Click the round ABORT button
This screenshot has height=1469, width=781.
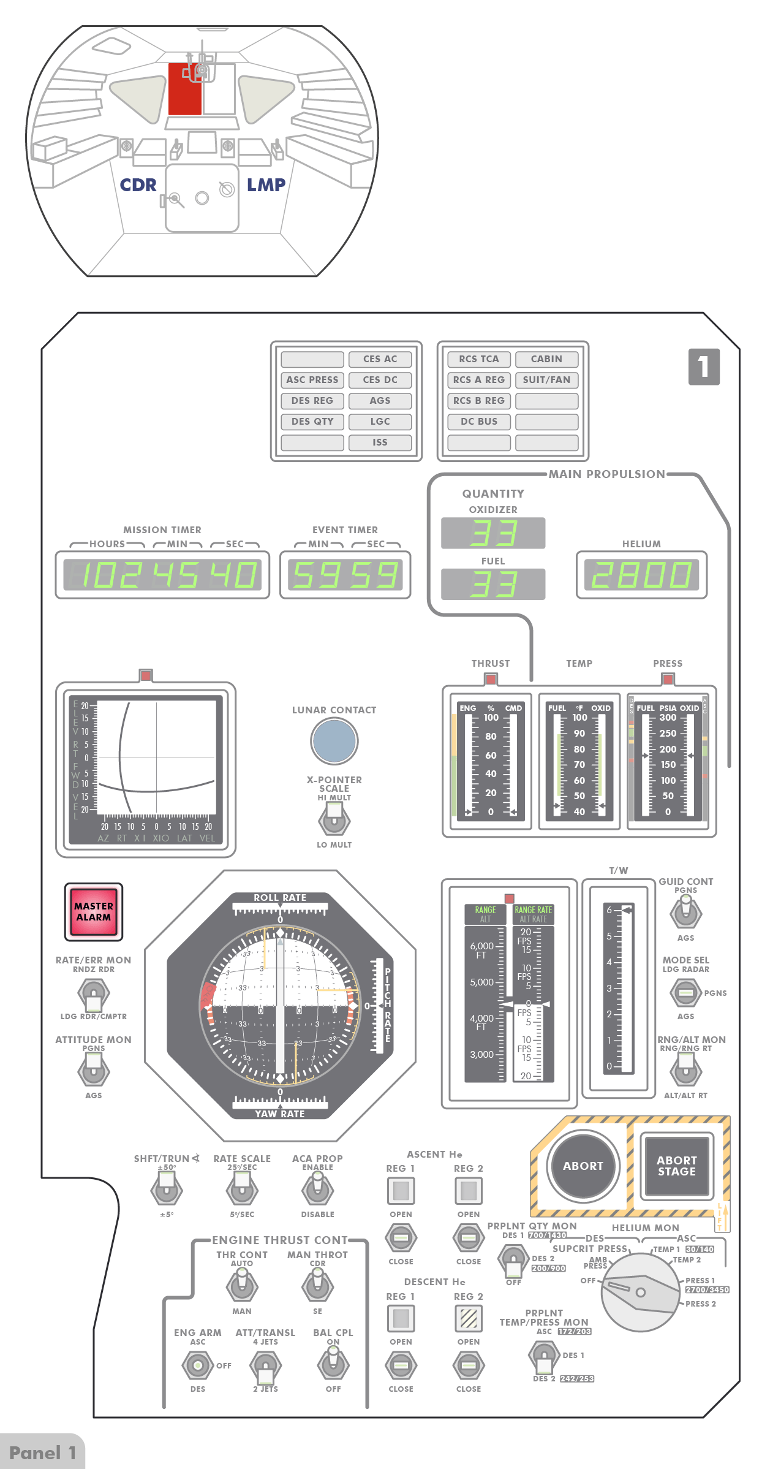(583, 1166)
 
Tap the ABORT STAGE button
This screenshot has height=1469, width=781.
(676, 1166)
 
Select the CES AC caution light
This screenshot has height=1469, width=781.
(380, 359)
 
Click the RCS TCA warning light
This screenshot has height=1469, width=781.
(479, 359)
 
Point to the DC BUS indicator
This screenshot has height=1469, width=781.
(479, 422)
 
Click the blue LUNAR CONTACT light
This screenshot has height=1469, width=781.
(334, 740)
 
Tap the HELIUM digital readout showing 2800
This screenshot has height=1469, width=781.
(641, 575)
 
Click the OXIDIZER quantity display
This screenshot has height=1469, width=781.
(493, 533)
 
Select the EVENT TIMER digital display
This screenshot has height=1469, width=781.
(345, 575)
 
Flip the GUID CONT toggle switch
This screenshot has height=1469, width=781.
(685, 911)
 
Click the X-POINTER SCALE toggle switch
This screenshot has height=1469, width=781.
(334, 819)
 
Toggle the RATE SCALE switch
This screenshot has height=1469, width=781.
(242, 1190)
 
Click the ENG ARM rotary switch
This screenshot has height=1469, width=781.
(197, 1365)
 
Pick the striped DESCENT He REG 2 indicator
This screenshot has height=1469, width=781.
(469, 1318)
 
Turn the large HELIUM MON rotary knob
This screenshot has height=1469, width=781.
(640, 1292)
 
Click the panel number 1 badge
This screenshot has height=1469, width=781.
(704, 366)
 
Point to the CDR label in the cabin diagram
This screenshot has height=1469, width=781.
(138, 184)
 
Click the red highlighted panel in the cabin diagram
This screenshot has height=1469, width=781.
(184, 89)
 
